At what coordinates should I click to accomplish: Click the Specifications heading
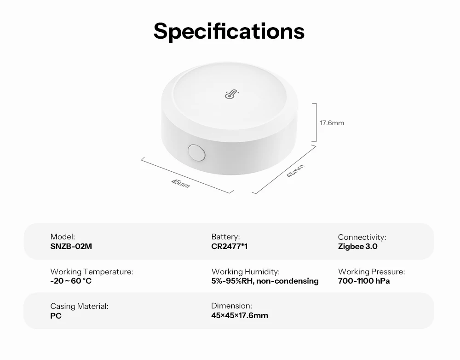[x=229, y=31]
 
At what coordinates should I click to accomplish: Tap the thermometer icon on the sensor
[x=232, y=94]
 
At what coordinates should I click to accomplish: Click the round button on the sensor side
[x=196, y=152]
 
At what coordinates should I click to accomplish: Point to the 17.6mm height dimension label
[x=332, y=123]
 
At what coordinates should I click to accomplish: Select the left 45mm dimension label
[x=180, y=183]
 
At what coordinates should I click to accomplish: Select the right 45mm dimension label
[x=295, y=171]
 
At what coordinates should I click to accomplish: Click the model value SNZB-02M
[x=71, y=246]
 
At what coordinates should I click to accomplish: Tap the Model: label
[x=63, y=237]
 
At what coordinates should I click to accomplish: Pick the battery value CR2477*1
[x=230, y=246]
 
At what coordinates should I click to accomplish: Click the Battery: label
[x=225, y=237]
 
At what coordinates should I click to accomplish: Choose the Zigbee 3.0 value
[x=357, y=246]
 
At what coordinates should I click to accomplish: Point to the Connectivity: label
[x=362, y=237]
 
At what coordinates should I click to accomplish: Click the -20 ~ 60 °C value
[x=71, y=281]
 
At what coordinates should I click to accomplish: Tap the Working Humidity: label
[x=246, y=272]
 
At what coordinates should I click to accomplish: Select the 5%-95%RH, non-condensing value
[x=265, y=281]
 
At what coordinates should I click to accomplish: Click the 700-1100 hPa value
[x=364, y=281]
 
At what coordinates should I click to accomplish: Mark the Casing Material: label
[x=79, y=306]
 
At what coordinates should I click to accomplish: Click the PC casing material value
[x=56, y=316]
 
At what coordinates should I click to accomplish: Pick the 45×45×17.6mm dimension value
[x=240, y=316]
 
